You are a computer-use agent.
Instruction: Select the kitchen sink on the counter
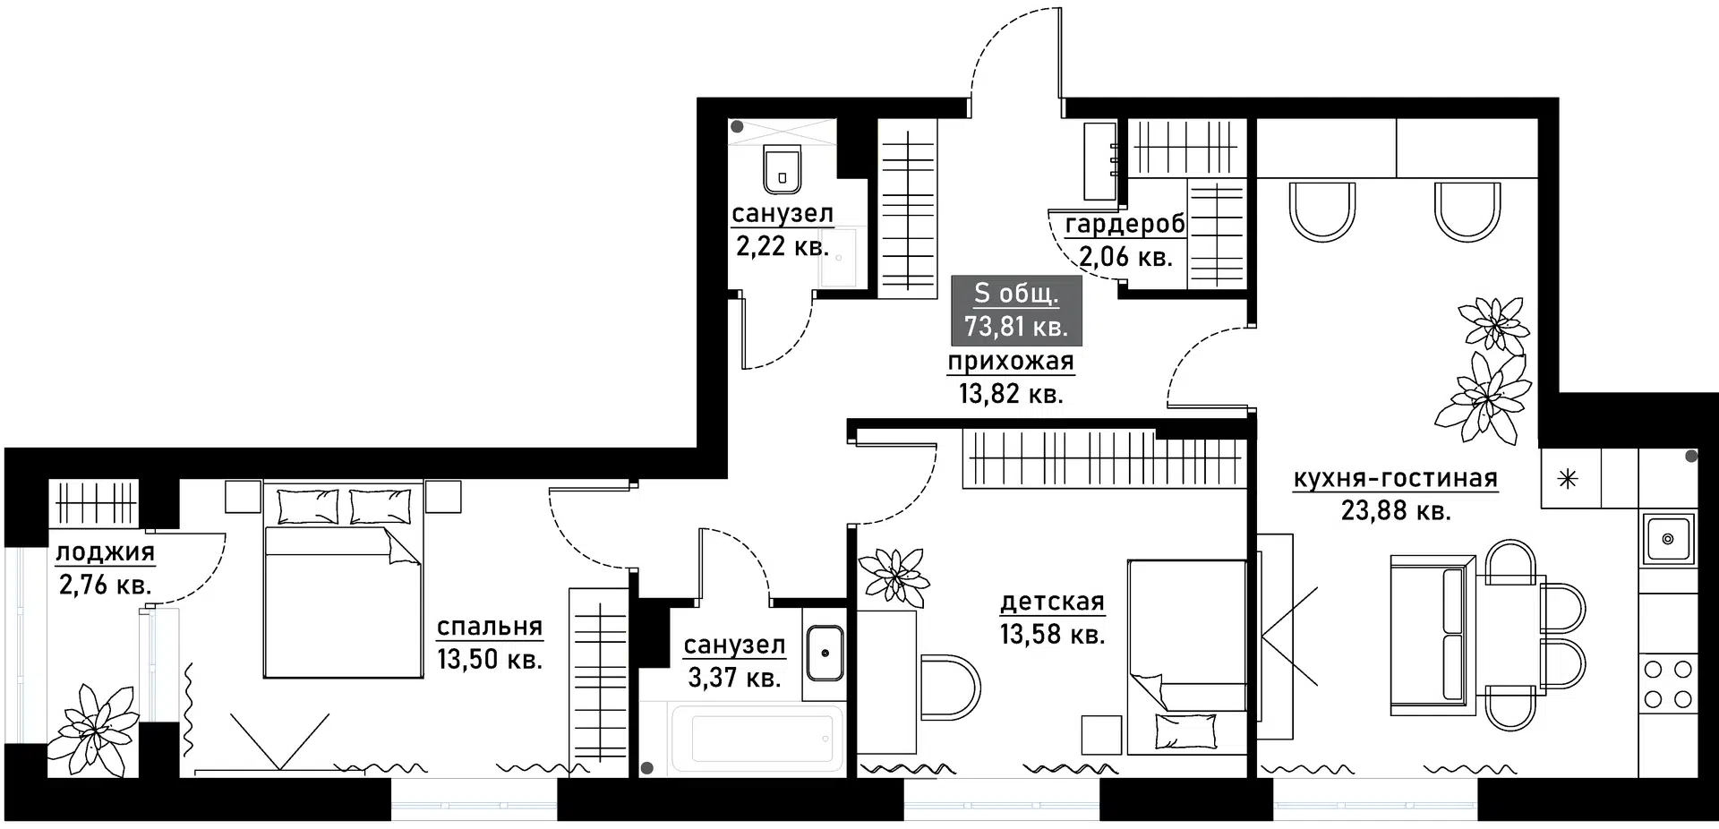(1668, 539)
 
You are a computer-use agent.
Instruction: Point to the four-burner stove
(1668, 683)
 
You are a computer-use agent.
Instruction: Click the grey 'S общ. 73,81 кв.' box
(1016, 311)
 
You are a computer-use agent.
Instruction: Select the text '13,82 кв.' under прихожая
(1011, 393)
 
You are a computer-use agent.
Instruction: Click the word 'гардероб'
(1125, 224)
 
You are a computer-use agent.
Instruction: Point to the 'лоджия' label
(106, 551)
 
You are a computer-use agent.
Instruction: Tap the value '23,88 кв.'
(1396, 510)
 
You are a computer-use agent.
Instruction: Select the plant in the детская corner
(892, 575)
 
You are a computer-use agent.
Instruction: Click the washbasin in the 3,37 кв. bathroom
(824, 653)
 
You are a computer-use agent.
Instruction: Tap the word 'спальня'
(490, 627)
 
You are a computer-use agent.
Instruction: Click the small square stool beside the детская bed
(1101, 735)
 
